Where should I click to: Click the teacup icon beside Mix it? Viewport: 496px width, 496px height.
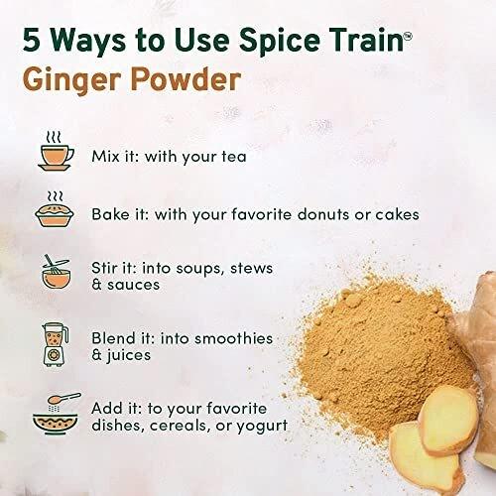click(x=56, y=158)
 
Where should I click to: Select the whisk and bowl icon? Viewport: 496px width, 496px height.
click(x=56, y=272)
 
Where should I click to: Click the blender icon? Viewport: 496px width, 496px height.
click(x=56, y=344)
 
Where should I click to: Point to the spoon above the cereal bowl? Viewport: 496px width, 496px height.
click(x=64, y=398)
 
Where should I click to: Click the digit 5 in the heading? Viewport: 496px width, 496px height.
click(x=32, y=41)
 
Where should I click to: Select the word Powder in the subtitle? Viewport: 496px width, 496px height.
click(x=186, y=79)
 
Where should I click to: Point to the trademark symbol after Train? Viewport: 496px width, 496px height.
click(x=408, y=36)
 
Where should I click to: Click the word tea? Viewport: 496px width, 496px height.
click(x=234, y=157)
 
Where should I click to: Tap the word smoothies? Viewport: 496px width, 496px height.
click(x=233, y=338)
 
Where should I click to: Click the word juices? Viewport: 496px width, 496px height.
click(x=128, y=355)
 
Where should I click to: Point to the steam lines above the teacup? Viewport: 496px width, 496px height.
click(x=54, y=137)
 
